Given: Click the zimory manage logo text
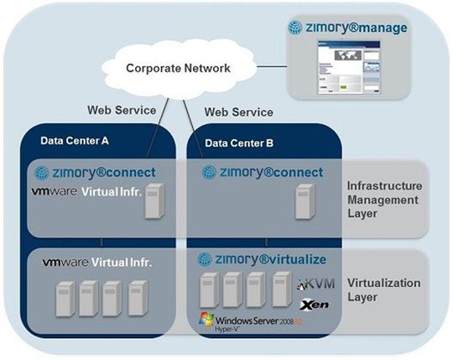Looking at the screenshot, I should click(347, 28).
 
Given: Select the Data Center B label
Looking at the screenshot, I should click(239, 143).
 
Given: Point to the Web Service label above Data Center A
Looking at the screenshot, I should click(121, 109).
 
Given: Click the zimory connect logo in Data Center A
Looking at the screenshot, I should click(97, 173).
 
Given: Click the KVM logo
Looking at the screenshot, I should click(316, 285).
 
